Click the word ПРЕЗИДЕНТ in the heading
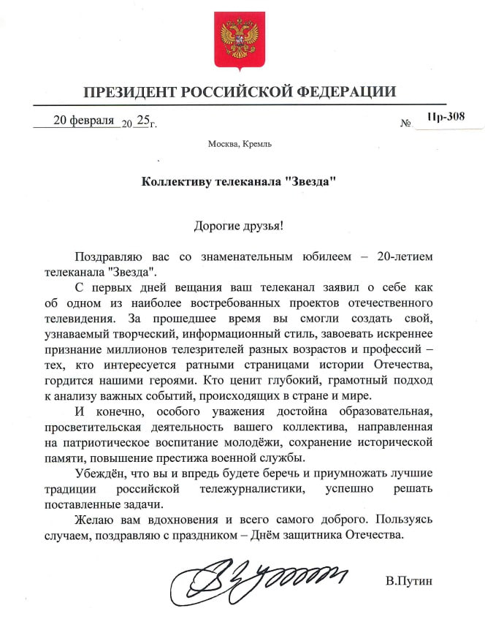tap(129, 92)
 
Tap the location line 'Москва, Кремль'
tap(240, 143)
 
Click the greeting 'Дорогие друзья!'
tap(238, 224)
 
